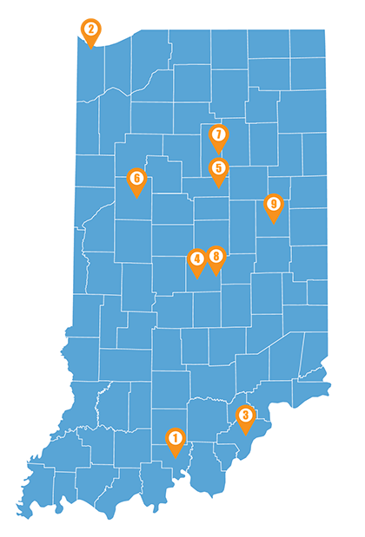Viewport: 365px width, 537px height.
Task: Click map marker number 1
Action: pos(175,439)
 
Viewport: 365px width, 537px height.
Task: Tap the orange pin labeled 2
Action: pos(90,29)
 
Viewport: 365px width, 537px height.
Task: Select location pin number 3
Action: pos(246,416)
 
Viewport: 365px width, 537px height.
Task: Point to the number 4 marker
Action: pos(196,259)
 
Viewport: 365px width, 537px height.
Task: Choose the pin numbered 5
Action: pos(218,168)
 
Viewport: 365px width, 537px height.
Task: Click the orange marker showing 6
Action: pos(136,179)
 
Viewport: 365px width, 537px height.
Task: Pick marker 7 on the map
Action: pos(218,134)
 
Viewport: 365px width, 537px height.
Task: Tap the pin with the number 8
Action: pos(216,256)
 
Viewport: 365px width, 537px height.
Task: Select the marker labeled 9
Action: pos(274,205)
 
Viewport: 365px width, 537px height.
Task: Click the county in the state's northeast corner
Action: pos(308,43)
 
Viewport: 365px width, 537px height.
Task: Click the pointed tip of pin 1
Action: pos(175,457)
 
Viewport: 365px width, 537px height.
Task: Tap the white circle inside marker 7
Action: pos(218,134)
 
